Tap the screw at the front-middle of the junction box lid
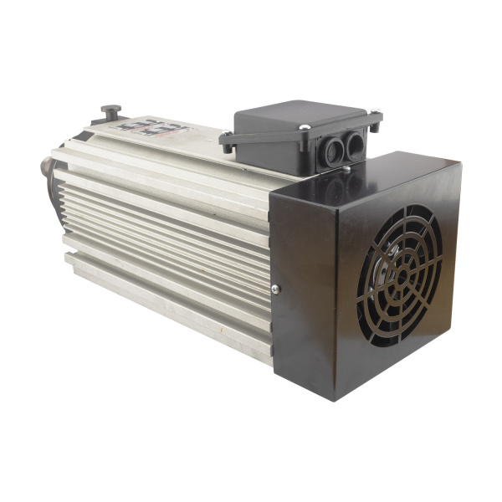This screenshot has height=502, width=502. pyautogui.click(x=305, y=127)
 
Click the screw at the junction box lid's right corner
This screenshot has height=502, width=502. pyautogui.click(x=374, y=110)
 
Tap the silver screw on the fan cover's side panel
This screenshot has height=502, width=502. pyautogui.click(x=275, y=289)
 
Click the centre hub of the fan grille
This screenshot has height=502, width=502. pyautogui.click(x=403, y=270)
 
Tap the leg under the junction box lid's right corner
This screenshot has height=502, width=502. pyautogui.click(x=376, y=125)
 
